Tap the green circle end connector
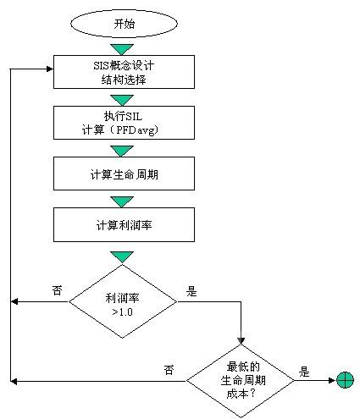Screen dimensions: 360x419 tap(345, 380)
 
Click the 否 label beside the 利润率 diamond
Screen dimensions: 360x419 tap(57, 290)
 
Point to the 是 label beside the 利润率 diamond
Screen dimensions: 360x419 tap(191, 291)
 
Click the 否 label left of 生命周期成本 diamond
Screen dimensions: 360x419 tap(169, 370)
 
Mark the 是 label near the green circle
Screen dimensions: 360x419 tap(304, 372)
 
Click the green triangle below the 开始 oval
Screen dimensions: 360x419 tap(122, 49)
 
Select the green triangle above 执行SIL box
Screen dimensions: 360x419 tap(122, 100)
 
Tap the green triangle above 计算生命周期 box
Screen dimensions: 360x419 tap(122, 151)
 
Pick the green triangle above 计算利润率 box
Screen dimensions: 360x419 tap(122, 201)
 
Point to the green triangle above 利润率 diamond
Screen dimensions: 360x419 tap(122, 256)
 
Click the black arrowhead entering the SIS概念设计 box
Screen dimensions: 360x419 tap(50, 69)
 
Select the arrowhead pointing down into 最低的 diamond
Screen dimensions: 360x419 tap(241, 340)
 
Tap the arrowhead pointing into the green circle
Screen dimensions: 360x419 tap(333, 381)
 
